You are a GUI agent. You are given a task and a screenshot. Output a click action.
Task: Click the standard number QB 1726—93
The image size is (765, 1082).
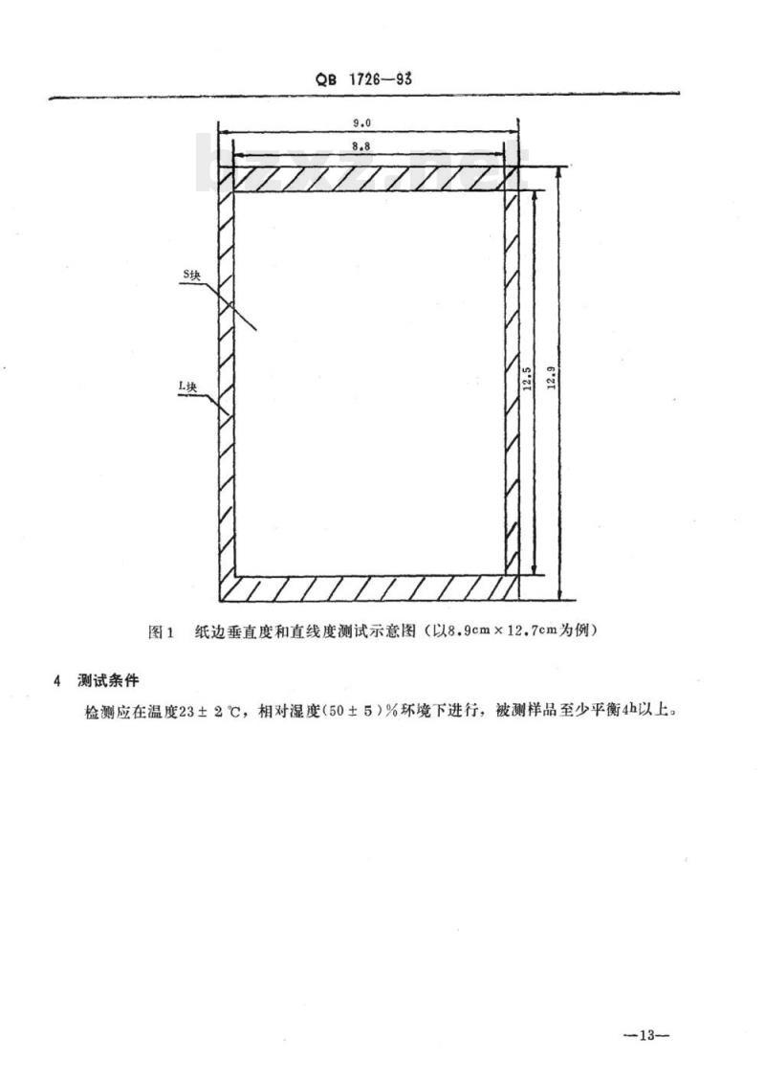[x=364, y=78]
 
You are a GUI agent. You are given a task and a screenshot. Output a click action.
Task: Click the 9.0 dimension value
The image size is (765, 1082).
[x=362, y=122]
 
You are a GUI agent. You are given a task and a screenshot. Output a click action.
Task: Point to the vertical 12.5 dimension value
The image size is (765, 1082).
[x=527, y=378]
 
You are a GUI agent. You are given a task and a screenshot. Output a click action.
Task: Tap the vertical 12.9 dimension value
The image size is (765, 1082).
[x=551, y=378]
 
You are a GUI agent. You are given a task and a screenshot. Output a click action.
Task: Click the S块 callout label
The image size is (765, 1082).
[x=192, y=276]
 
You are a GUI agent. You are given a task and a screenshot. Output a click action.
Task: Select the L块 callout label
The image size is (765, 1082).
[x=187, y=387]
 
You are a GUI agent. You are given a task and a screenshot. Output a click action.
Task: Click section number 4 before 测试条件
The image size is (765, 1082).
[x=57, y=681]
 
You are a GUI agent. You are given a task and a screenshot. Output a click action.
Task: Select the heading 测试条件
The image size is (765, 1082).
[x=108, y=680]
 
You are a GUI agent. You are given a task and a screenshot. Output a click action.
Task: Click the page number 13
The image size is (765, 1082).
[x=645, y=1035]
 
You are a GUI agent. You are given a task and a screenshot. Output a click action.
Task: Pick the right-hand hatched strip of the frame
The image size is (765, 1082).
[x=511, y=383]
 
